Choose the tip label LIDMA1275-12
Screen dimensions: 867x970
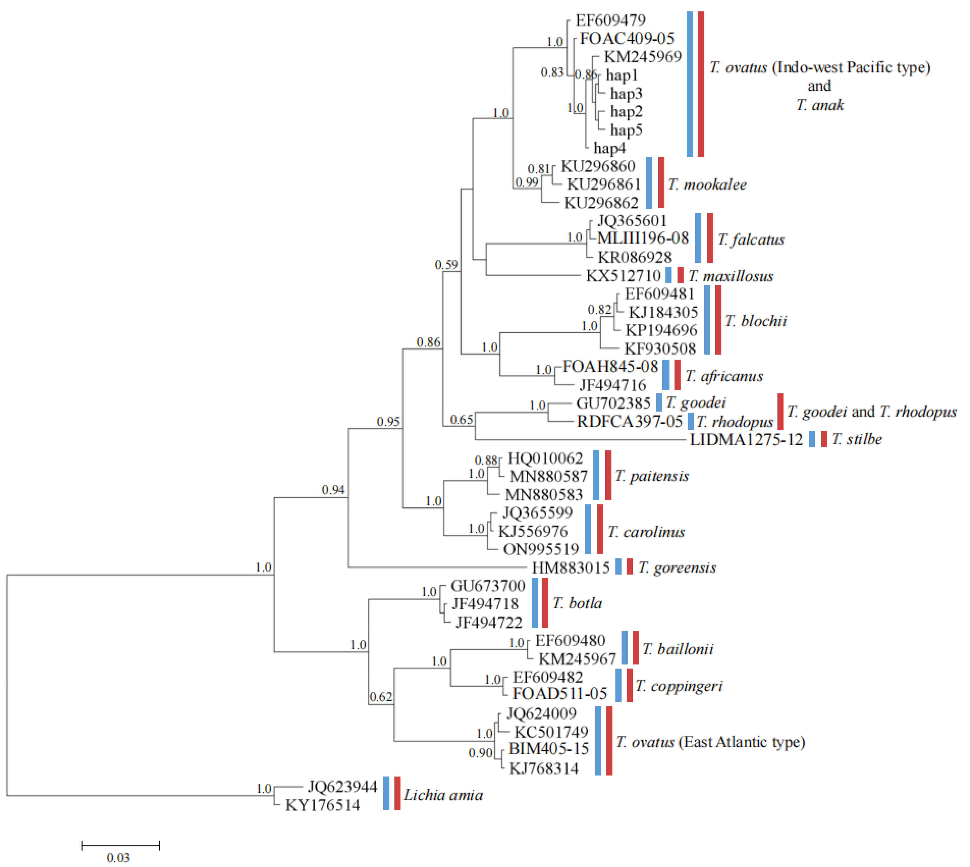(746, 439)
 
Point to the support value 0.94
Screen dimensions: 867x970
(333, 490)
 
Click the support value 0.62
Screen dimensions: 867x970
(381, 697)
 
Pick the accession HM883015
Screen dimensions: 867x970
(571, 567)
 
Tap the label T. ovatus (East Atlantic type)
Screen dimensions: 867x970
(710, 742)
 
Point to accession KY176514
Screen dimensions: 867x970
(323, 805)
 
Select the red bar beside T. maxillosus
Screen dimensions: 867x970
(680, 275)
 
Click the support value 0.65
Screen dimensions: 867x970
(462, 420)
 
